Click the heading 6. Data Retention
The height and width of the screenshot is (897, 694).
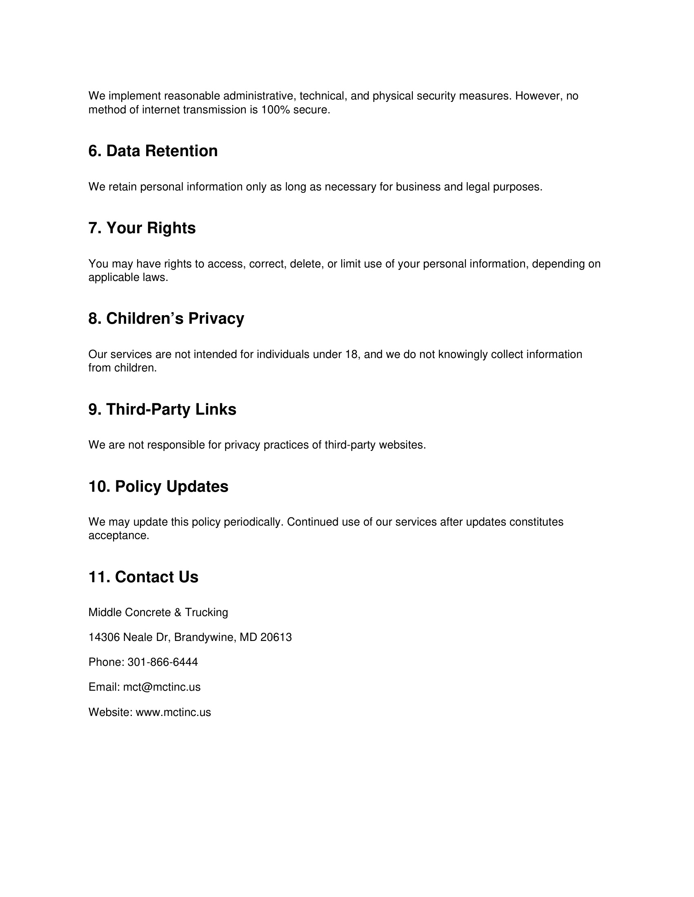(x=153, y=151)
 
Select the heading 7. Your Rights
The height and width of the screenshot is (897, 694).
(x=142, y=228)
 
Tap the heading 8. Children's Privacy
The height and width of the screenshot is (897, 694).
(x=166, y=319)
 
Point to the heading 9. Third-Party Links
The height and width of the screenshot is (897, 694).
(x=162, y=409)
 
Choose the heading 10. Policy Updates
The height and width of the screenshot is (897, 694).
(x=158, y=487)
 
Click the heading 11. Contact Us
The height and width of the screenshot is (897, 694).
(x=143, y=577)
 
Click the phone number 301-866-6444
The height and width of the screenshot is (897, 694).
(x=162, y=662)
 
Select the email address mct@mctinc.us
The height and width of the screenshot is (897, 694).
(x=162, y=687)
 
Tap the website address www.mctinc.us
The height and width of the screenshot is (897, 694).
(x=173, y=712)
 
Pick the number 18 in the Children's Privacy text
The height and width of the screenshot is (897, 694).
(x=351, y=354)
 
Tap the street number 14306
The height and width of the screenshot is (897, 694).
(x=104, y=637)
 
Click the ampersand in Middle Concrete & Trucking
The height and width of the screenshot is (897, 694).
(x=178, y=612)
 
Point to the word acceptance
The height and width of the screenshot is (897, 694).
(x=118, y=536)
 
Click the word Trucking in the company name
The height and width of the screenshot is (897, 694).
(x=207, y=612)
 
